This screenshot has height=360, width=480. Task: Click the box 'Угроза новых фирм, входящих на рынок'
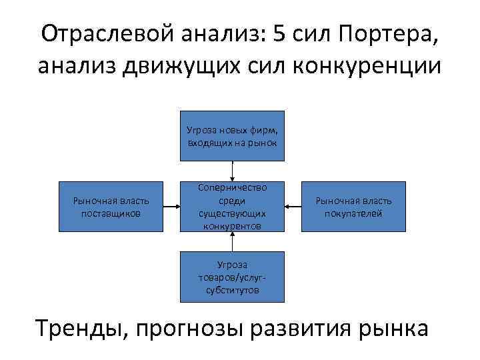click(232, 136)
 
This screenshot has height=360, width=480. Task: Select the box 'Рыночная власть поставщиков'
click(111, 207)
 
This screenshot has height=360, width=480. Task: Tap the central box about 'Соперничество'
click(232, 207)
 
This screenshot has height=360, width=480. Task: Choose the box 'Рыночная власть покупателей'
click(353, 207)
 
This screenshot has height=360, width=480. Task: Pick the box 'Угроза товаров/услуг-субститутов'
click(232, 277)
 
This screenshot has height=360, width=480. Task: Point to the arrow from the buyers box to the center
click(293, 207)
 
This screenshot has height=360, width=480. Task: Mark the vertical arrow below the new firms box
click(232, 171)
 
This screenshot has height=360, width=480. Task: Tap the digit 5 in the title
click(280, 33)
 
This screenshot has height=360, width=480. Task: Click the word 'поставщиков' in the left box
click(111, 213)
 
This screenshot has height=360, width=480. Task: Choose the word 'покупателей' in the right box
click(353, 213)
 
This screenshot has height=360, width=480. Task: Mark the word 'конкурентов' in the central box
click(232, 226)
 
